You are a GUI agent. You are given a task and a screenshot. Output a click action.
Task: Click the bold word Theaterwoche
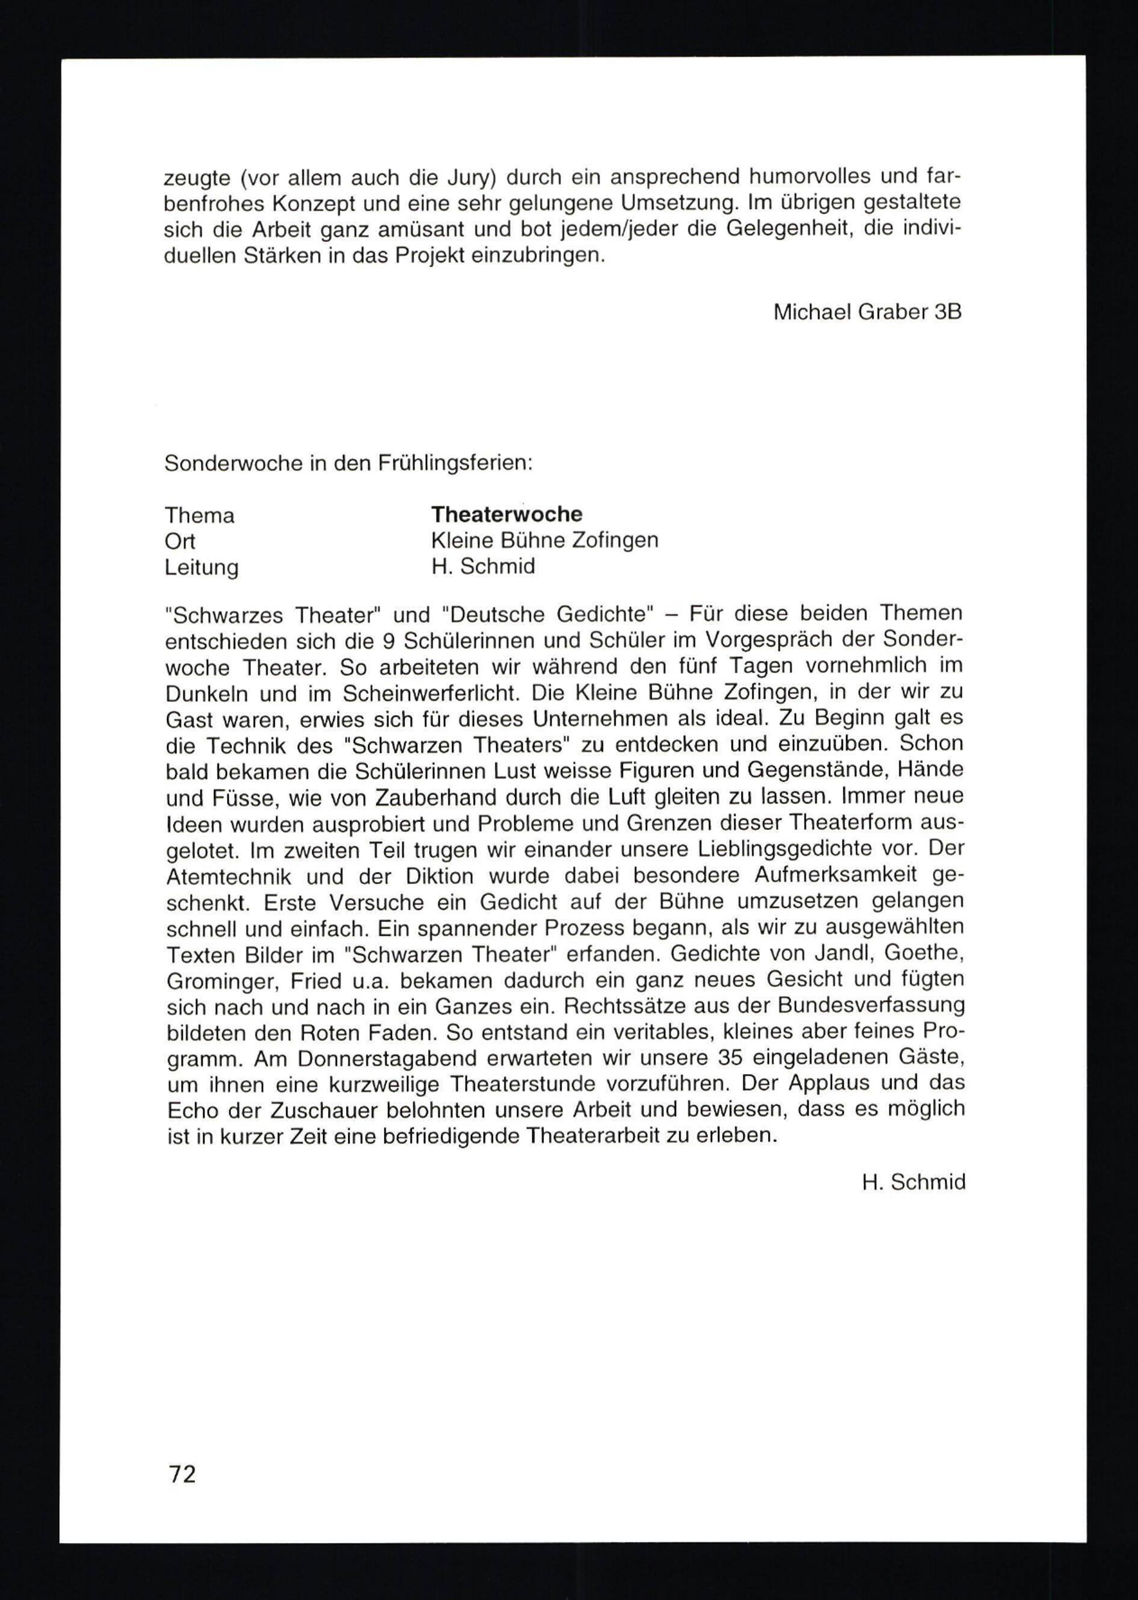click(506, 515)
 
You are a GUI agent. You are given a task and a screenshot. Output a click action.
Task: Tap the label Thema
click(200, 516)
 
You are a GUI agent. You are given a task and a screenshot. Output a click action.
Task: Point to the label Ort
click(180, 541)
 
